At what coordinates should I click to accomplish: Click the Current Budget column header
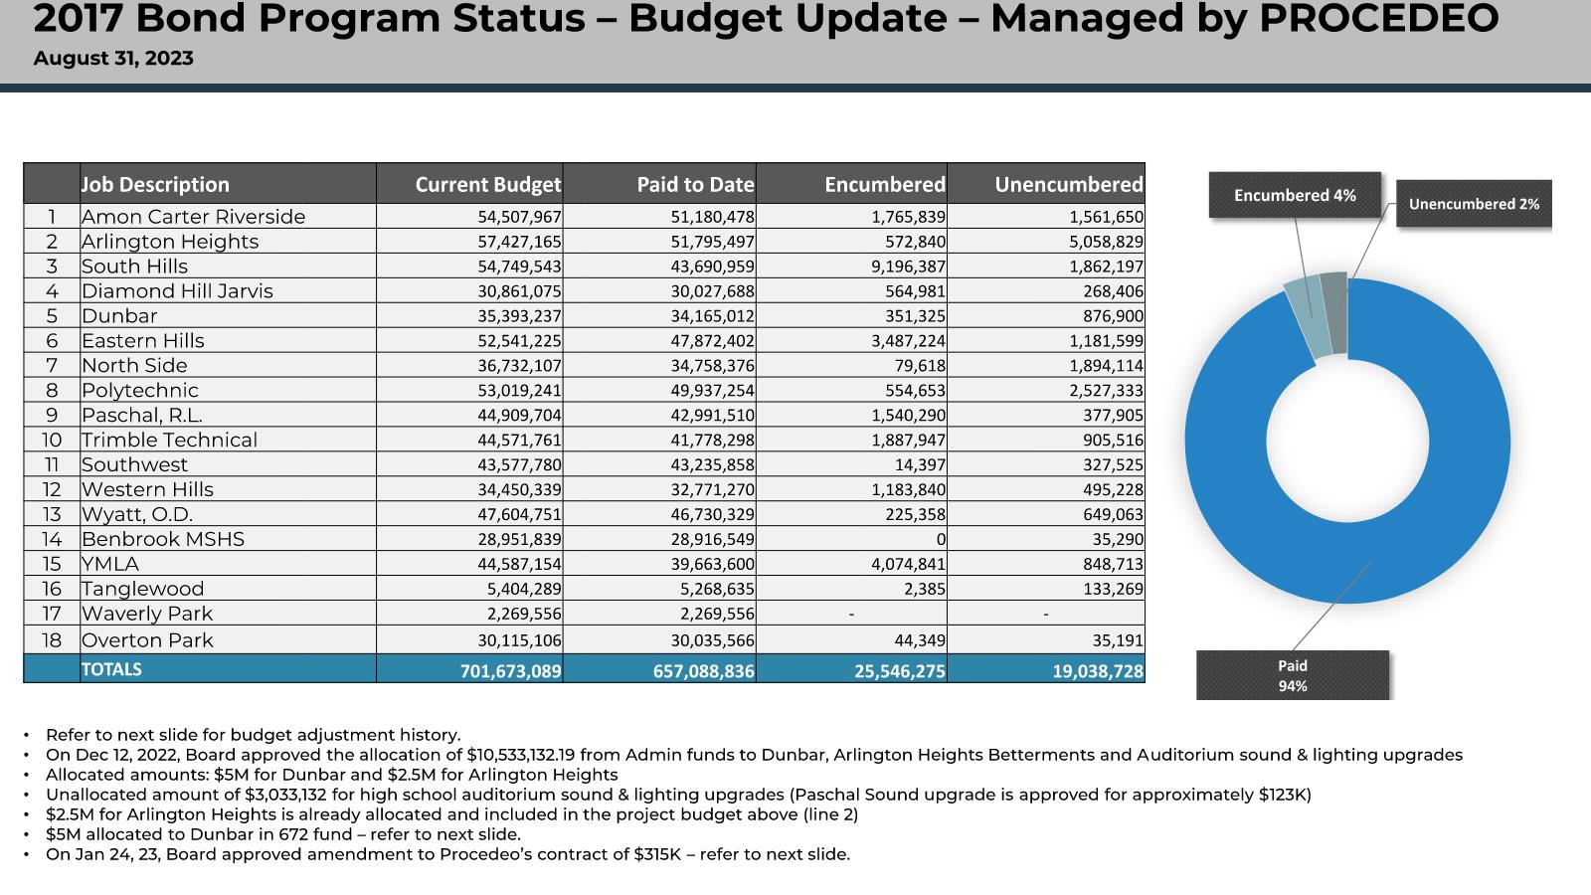(488, 185)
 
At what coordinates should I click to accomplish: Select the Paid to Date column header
(695, 185)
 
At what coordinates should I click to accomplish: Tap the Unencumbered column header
(1069, 185)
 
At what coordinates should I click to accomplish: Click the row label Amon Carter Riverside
(193, 217)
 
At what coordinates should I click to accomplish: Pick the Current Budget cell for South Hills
(519, 267)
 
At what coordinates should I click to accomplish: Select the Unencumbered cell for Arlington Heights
(1107, 242)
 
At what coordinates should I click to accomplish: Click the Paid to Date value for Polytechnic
(712, 391)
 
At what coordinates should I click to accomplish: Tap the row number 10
(52, 440)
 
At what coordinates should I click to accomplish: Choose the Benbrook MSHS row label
(163, 539)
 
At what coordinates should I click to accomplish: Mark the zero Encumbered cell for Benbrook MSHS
(941, 539)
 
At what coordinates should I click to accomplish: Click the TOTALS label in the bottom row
(111, 669)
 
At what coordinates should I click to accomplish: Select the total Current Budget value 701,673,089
(511, 670)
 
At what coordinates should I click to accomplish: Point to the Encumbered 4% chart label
(1295, 195)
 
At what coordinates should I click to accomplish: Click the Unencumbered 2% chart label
(1474, 204)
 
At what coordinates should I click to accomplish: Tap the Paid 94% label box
(1293, 675)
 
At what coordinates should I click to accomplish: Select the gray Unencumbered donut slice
(1334, 312)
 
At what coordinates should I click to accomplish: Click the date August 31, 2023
(113, 59)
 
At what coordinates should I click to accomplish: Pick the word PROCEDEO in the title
(1378, 19)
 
